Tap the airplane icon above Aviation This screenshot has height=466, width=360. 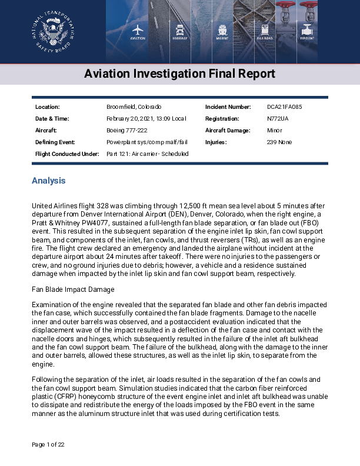(x=138, y=29)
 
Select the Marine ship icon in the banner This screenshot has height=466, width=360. (x=222, y=29)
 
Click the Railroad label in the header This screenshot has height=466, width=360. (x=265, y=38)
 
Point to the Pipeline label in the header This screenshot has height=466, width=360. (x=307, y=38)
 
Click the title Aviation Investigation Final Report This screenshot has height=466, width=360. (x=179, y=74)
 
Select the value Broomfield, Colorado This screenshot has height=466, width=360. (x=134, y=107)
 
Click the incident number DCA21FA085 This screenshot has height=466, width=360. (x=285, y=107)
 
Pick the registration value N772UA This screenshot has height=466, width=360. (x=278, y=119)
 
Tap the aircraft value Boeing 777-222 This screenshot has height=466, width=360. (x=126, y=131)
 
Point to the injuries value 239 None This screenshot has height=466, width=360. (x=279, y=142)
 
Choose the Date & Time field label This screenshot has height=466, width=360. (x=52, y=119)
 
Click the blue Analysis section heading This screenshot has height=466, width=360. (x=48, y=181)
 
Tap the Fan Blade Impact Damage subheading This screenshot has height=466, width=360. (x=72, y=289)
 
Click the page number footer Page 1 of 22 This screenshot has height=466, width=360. (x=48, y=444)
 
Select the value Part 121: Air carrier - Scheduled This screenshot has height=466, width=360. (x=147, y=154)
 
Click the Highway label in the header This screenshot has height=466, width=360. (x=180, y=38)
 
